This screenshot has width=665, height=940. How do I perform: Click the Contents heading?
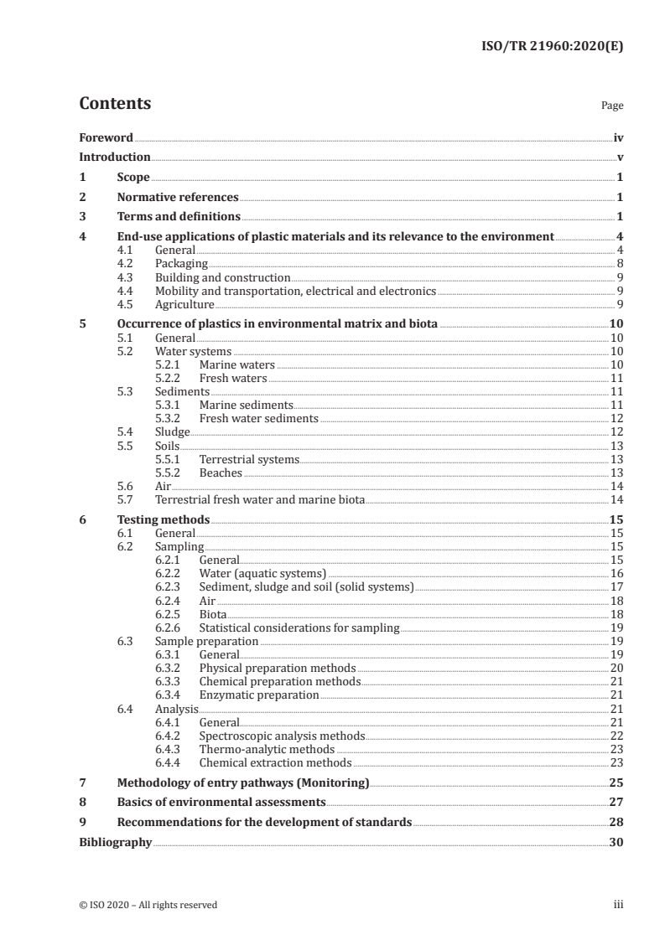[x=115, y=104]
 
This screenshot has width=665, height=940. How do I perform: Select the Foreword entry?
[x=106, y=137]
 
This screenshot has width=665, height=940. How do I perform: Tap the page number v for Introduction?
[x=619, y=157]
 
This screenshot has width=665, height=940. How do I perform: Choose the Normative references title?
[x=178, y=197]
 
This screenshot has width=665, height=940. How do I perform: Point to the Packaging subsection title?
[x=181, y=263]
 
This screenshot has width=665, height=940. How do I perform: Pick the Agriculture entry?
[x=184, y=303]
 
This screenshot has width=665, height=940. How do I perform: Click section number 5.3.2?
[x=170, y=418]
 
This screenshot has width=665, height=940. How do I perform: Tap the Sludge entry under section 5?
[x=173, y=431]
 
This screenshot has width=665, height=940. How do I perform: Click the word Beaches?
[x=221, y=473]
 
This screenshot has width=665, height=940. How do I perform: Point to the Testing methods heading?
[x=163, y=519]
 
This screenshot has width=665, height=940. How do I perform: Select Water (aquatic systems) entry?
[x=262, y=573]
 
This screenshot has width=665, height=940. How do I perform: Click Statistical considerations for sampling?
[x=299, y=627]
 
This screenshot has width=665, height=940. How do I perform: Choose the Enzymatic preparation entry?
[x=259, y=695]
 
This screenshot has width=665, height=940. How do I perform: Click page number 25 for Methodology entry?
[x=616, y=782]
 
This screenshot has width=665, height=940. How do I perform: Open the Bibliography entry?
[x=115, y=841]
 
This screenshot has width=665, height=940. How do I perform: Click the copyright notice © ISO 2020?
[x=148, y=904]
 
